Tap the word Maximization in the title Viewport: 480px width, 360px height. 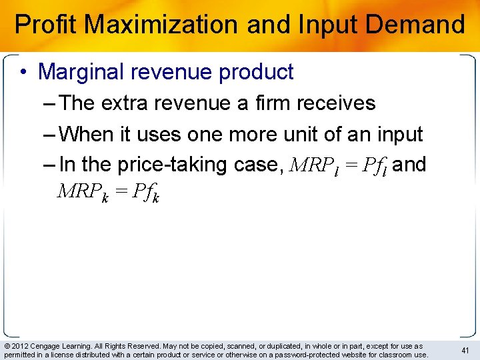pyautogui.click(x=163, y=25)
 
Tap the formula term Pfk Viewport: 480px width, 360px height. pyautogui.click(x=146, y=193)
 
